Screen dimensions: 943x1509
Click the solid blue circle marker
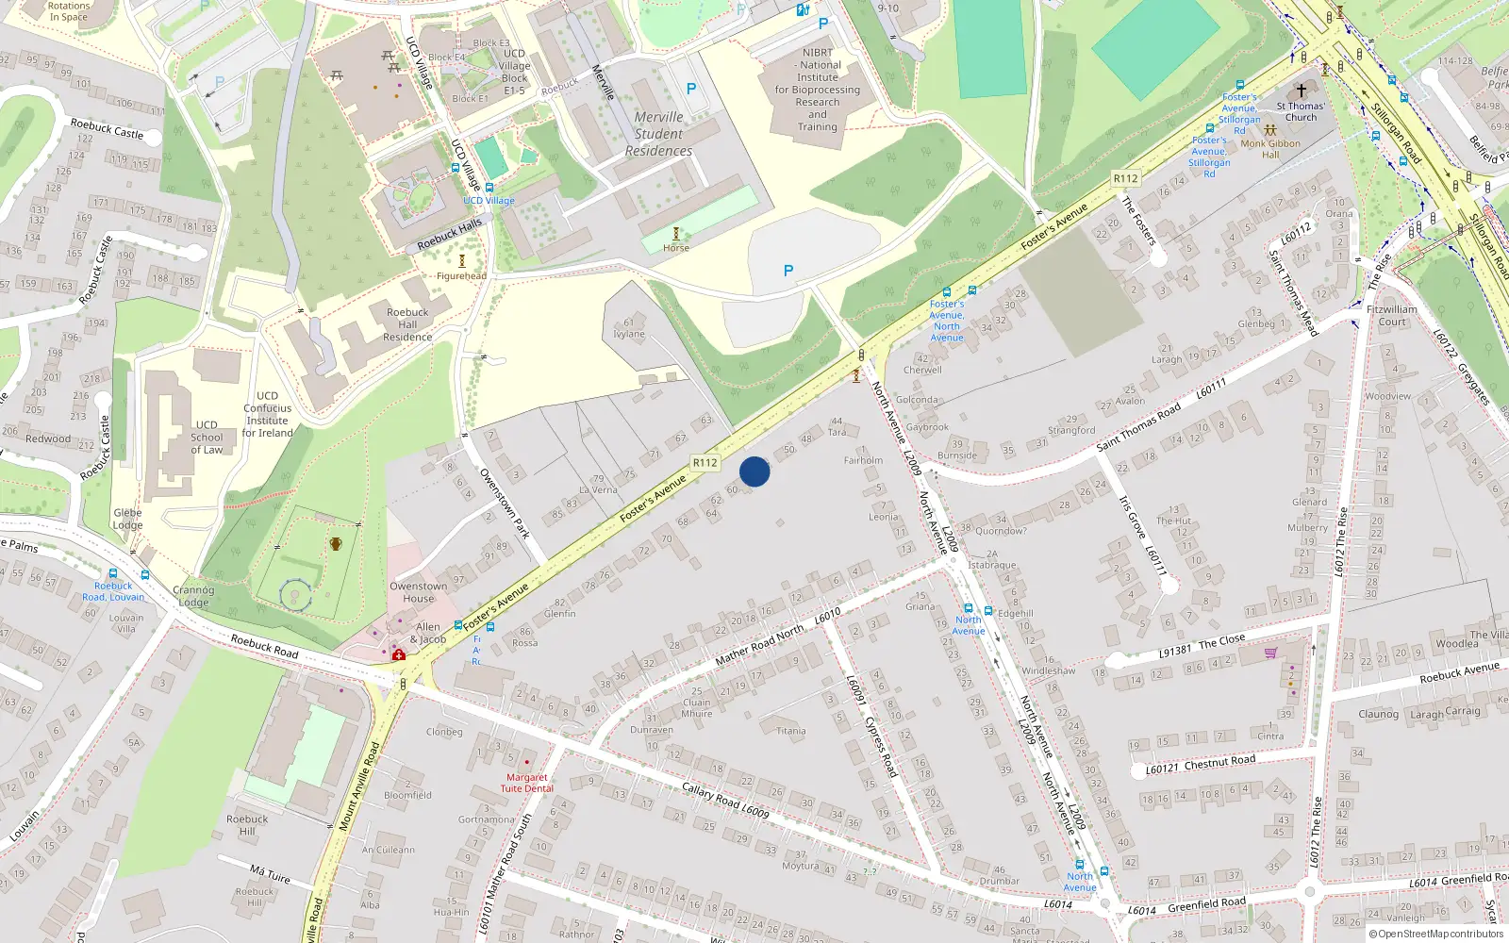[754, 471]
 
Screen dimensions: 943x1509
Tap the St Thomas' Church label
[1301, 111]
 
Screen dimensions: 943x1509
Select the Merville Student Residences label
[658, 134]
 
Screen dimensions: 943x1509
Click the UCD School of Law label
[207, 438]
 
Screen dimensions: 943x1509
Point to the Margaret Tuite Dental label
[526, 783]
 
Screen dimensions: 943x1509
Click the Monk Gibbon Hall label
[1270, 149]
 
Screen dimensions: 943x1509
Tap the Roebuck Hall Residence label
[407, 324]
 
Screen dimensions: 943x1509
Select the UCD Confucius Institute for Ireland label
[267, 415]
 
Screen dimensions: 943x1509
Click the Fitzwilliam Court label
[1392, 315]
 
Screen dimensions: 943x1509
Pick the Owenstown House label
[419, 592]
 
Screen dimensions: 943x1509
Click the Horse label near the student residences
[676, 248]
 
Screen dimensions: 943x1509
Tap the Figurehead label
[461, 276]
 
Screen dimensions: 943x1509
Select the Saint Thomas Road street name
[1138, 427]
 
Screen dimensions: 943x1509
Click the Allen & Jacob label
[428, 633]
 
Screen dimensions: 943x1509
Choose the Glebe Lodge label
[127, 520]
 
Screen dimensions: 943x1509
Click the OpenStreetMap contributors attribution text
[1440, 934]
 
